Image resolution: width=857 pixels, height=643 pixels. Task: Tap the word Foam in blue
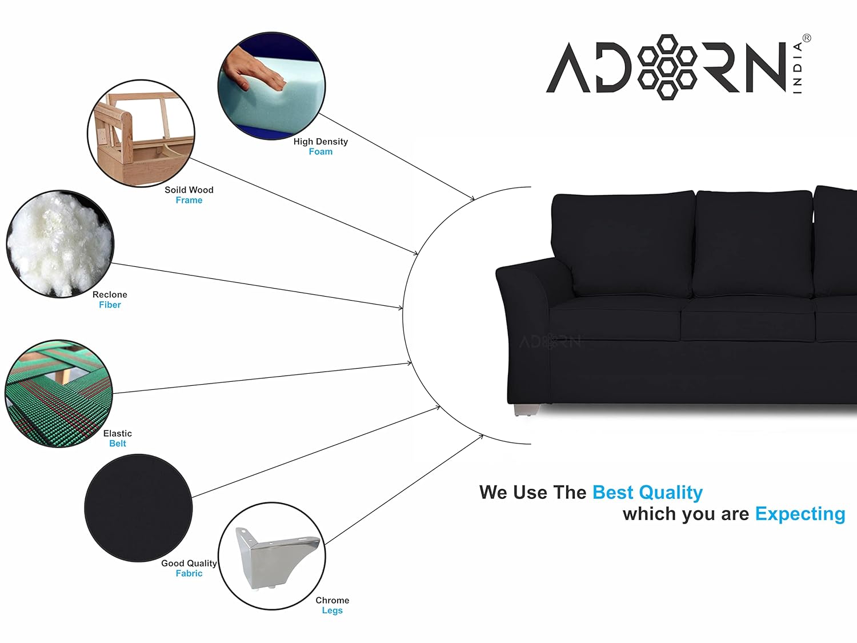[321, 151]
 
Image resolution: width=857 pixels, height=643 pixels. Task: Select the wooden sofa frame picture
[141, 134]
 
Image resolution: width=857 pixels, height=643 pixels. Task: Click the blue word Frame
[189, 200]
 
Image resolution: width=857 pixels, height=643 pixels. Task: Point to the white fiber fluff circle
[60, 244]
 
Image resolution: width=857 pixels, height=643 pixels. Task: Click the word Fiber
[110, 305]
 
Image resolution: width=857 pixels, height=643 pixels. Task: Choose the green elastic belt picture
[59, 394]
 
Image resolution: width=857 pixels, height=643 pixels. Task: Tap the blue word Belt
[118, 444]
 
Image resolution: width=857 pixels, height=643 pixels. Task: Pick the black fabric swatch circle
[138, 508]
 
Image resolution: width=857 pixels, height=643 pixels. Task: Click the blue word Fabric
[189, 573]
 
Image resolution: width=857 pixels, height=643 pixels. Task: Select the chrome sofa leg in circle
[277, 558]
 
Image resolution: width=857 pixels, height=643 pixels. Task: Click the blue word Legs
[333, 610]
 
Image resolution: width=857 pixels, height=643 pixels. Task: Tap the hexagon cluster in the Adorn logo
[667, 67]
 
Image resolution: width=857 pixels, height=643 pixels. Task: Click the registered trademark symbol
[807, 38]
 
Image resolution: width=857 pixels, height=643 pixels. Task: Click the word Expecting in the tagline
[800, 514]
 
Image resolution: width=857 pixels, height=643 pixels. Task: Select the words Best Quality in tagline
[647, 492]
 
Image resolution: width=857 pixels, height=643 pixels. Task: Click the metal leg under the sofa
[527, 410]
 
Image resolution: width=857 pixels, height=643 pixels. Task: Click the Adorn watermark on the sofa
[550, 342]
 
